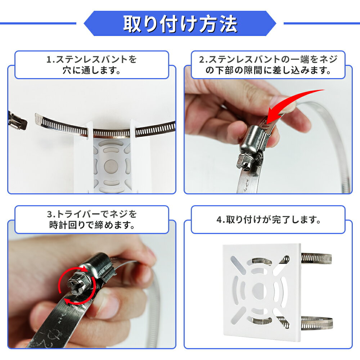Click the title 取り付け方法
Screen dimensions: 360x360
(x=180, y=24)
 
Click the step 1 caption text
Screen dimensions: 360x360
(x=91, y=65)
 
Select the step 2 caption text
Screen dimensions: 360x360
(x=268, y=65)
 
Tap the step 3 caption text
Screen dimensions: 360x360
(x=92, y=220)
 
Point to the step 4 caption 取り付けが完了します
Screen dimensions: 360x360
(x=268, y=220)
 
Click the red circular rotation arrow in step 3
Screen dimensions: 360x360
(x=77, y=285)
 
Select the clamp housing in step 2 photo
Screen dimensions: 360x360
(x=254, y=140)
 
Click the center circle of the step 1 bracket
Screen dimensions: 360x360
(x=111, y=166)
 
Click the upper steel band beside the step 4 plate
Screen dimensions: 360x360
(x=316, y=258)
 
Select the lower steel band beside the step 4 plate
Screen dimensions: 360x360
(x=316, y=323)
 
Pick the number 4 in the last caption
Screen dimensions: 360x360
(x=219, y=220)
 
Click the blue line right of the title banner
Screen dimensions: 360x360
(x=321, y=23)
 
